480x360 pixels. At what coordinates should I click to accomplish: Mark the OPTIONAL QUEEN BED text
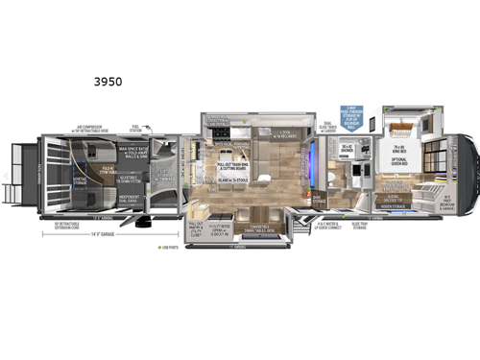tap(400, 163)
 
